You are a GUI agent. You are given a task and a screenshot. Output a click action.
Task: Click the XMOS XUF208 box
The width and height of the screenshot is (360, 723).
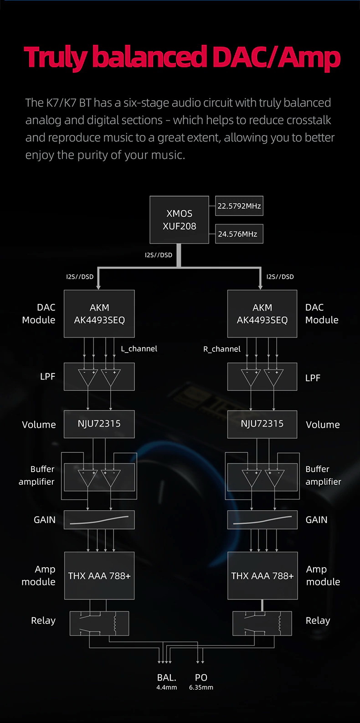[179, 220]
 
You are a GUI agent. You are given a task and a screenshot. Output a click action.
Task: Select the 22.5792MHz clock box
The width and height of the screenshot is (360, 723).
[239, 206]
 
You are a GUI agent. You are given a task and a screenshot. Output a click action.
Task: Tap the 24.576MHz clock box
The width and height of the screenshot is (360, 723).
[239, 234]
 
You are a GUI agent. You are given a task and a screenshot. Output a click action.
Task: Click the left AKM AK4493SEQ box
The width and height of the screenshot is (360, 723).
[99, 314]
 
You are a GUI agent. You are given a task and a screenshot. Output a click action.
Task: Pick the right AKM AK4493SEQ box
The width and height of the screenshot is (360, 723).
[262, 314]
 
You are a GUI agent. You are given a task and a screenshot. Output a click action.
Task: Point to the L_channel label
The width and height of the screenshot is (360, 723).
[139, 349]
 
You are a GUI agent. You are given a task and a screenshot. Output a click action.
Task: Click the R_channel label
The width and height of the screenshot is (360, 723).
[222, 349]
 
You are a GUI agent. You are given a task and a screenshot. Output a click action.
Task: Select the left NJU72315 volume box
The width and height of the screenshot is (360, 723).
[99, 424]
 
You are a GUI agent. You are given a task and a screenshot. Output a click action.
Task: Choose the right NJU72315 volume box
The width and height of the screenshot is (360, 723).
[262, 424]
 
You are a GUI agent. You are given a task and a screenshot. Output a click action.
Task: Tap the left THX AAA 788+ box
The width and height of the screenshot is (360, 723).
[99, 576]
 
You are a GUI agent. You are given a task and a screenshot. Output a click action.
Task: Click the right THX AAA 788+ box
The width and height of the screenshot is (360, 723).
[262, 576]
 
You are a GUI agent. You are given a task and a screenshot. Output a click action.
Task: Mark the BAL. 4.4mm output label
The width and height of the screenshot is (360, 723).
[166, 682]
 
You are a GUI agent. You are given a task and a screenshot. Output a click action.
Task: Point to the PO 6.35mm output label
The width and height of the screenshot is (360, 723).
[201, 682]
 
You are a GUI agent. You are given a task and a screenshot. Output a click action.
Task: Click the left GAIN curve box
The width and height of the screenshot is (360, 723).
[99, 520]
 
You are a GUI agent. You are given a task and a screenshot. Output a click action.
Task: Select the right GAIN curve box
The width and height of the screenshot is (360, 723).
[262, 520]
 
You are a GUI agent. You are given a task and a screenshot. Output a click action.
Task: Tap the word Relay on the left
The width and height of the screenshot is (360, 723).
[43, 620]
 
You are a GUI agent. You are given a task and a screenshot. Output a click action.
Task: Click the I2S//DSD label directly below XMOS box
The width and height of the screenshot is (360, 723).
[159, 255]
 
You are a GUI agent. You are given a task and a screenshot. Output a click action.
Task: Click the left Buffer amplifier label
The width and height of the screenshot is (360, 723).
[37, 475]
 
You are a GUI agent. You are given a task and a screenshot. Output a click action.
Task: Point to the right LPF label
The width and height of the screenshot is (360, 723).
[313, 378]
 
